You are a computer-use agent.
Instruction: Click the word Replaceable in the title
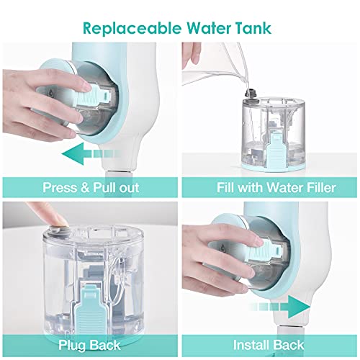(x=132, y=28)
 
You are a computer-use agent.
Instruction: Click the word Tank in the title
(x=253, y=28)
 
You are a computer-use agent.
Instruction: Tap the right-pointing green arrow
(x=279, y=307)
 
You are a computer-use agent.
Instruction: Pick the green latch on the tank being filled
(x=276, y=148)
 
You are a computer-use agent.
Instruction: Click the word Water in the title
(x=208, y=28)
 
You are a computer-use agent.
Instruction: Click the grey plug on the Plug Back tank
(x=57, y=230)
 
